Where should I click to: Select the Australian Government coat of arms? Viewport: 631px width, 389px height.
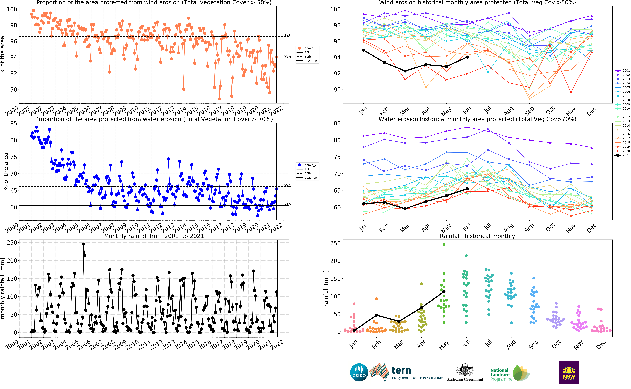pyautogui.click(x=465, y=370)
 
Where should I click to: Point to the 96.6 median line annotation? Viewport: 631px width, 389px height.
pyautogui.click(x=287, y=35)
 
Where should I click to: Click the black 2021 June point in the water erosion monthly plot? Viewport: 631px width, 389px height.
pyautogui.click(x=467, y=189)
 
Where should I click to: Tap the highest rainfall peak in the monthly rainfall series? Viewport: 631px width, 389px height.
pyautogui.click(x=84, y=244)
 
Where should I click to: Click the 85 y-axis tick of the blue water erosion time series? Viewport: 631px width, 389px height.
pyautogui.click(x=14, y=124)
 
